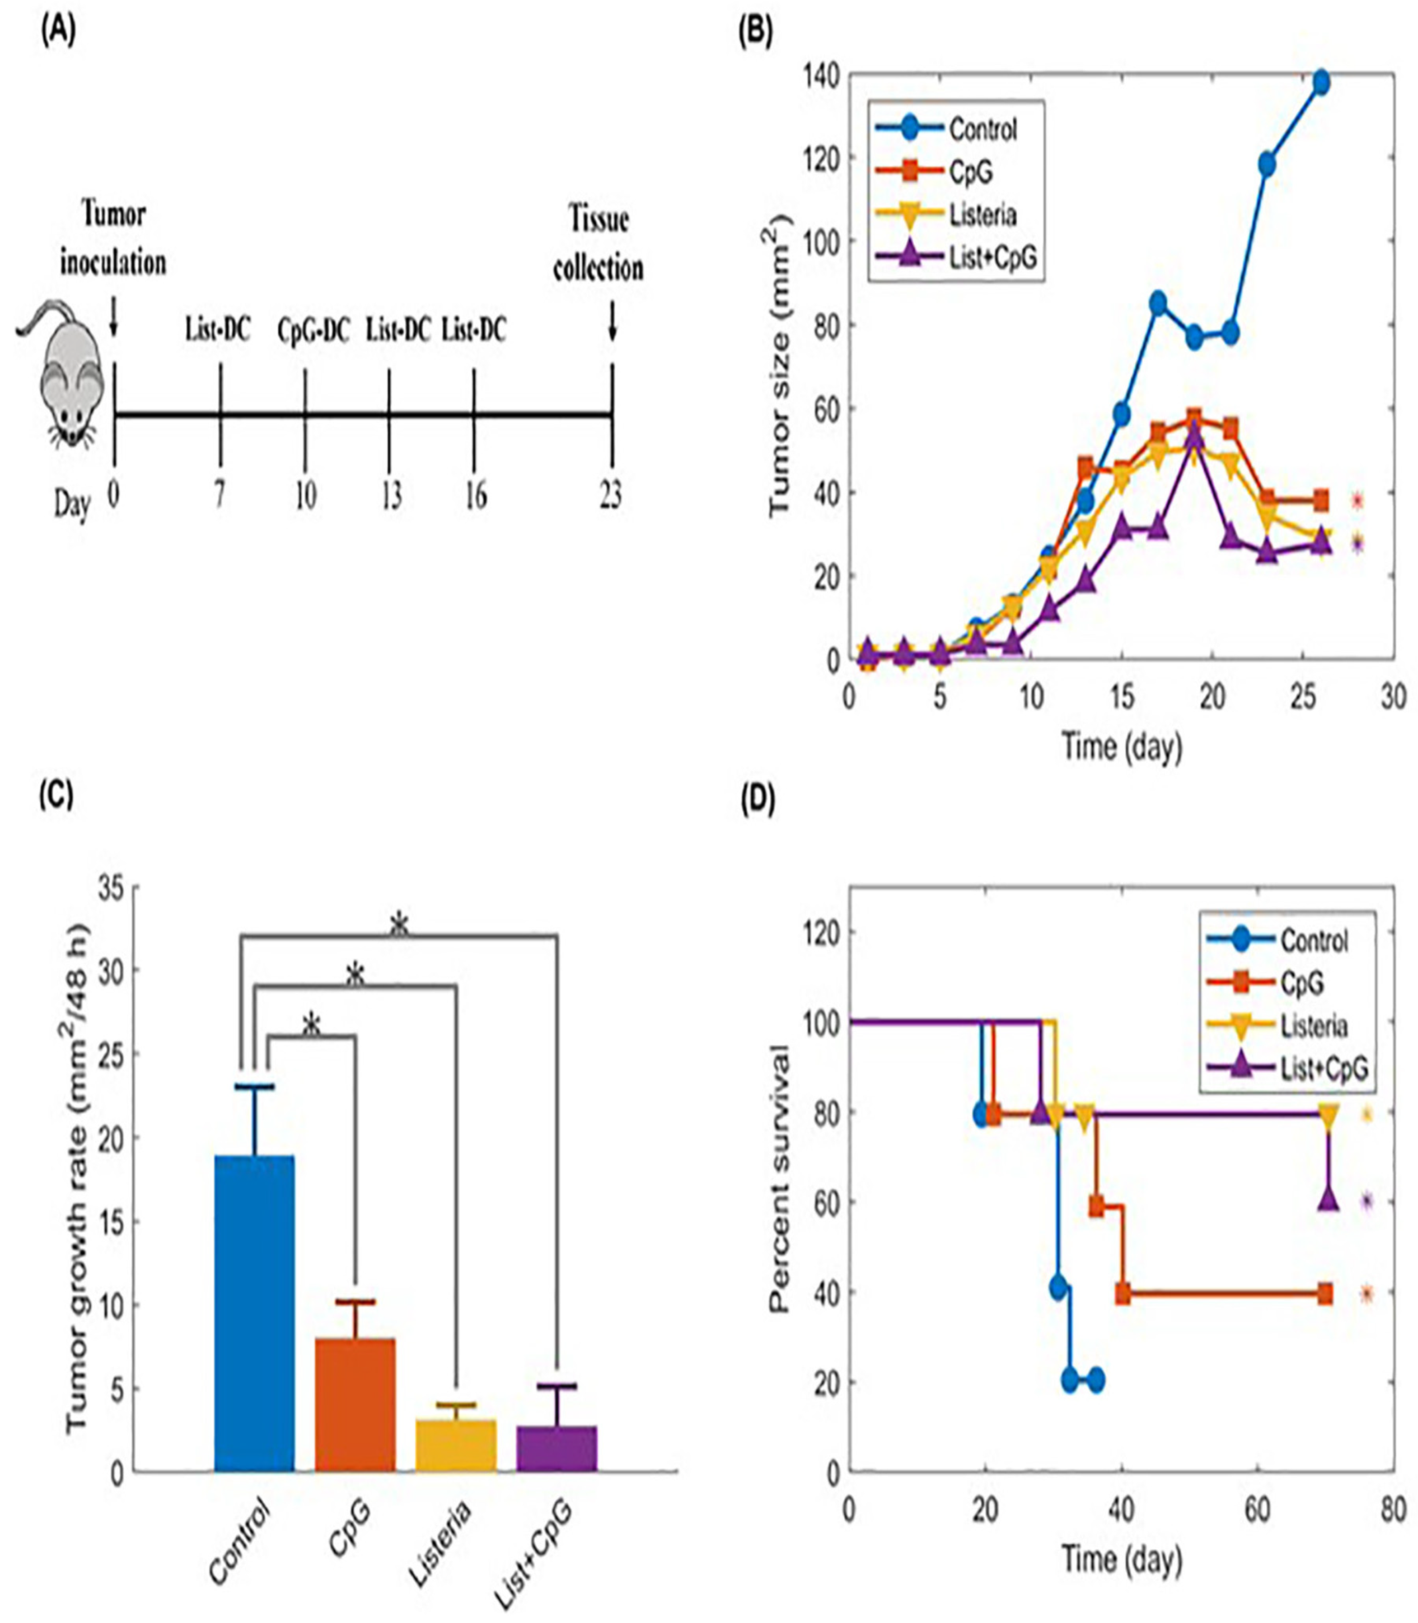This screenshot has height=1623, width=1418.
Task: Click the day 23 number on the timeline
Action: click(609, 496)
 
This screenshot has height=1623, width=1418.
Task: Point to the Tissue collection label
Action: click(598, 244)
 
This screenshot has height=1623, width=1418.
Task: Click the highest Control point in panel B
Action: click(1320, 82)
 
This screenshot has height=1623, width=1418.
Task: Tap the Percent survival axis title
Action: click(782, 1179)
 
